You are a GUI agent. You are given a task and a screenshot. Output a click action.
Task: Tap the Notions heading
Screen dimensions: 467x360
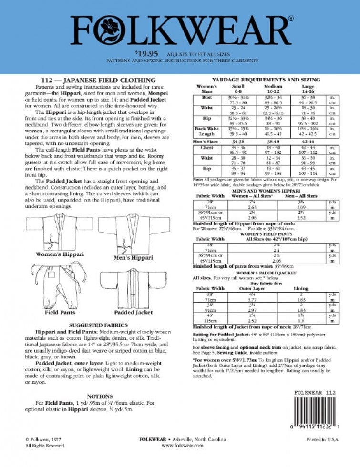click(x=100, y=396)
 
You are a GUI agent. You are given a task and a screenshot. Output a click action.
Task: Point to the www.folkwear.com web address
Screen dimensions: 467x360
click(x=183, y=445)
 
